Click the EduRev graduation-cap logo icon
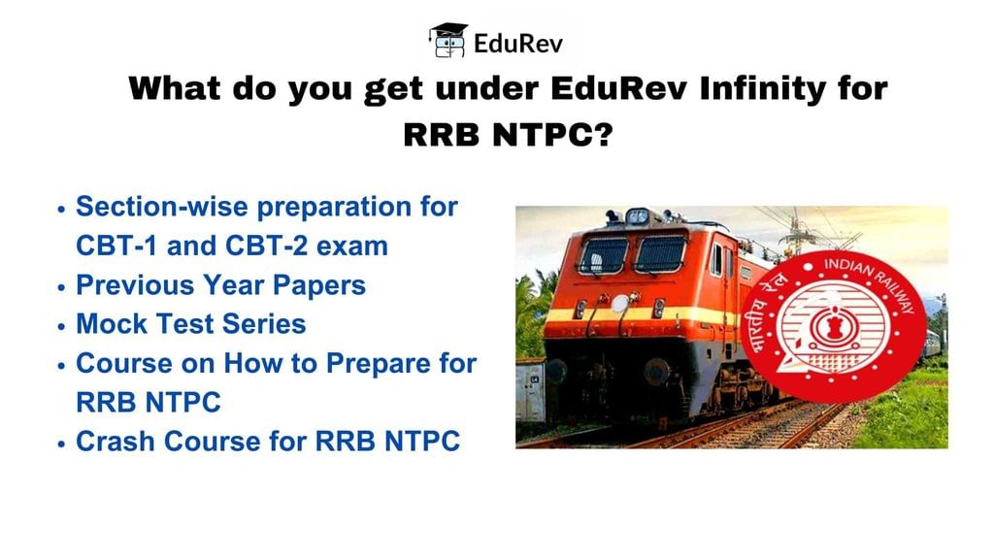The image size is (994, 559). [448, 41]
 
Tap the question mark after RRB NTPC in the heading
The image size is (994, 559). [604, 134]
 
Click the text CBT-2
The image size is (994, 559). [266, 246]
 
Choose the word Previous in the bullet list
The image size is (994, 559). [135, 285]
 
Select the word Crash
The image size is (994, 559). [116, 442]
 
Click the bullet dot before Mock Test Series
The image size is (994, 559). [61, 326]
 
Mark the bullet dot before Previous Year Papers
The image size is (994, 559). [61, 287]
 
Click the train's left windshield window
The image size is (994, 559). [603, 255]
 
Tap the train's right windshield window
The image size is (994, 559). [660, 254]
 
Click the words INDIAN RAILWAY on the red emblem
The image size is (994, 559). [871, 282]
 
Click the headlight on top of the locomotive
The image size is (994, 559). [637, 216]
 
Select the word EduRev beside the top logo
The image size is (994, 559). [518, 43]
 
